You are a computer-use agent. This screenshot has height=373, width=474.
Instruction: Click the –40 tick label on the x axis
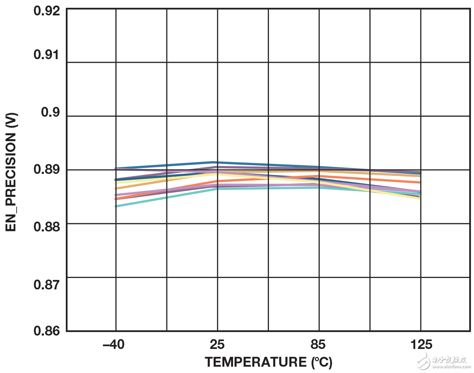coord(114,345)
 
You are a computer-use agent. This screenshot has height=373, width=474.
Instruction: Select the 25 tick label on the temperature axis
coord(217,345)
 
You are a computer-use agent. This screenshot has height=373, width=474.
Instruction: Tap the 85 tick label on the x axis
coord(318,345)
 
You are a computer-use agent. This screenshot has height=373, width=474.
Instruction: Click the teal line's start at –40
coord(116,206)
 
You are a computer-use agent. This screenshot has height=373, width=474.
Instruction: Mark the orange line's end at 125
coord(420,182)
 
